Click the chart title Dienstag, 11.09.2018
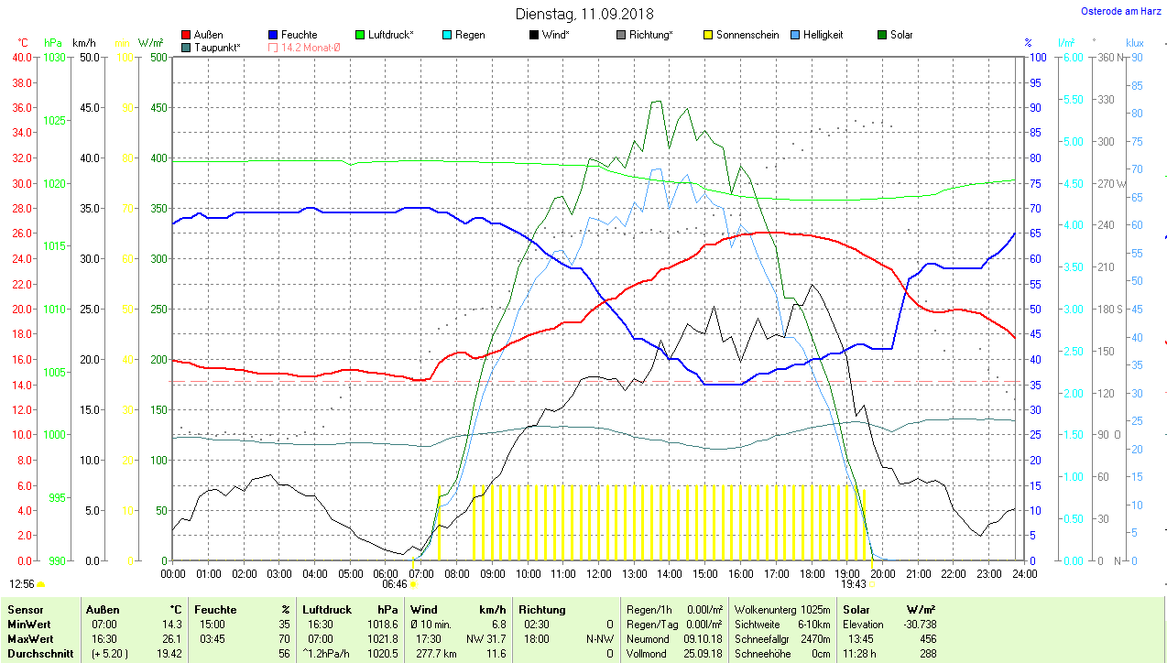(x=584, y=14)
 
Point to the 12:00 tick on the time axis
(x=598, y=573)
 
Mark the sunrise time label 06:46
(x=395, y=583)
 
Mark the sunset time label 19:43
(x=853, y=583)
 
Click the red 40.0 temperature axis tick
(x=21, y=57)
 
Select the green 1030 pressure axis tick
(x=55, y=57)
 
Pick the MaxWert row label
(x=29, y=638)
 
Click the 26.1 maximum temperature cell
(x=172, y=638)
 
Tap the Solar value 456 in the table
(x=927, y=638)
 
